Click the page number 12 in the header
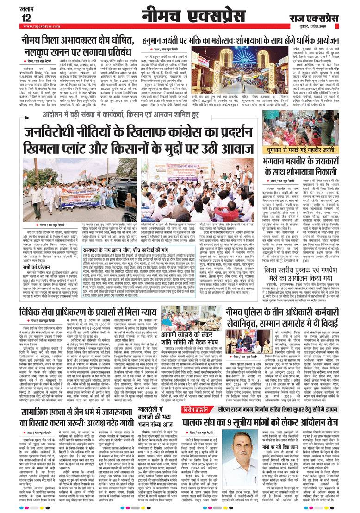26,17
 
